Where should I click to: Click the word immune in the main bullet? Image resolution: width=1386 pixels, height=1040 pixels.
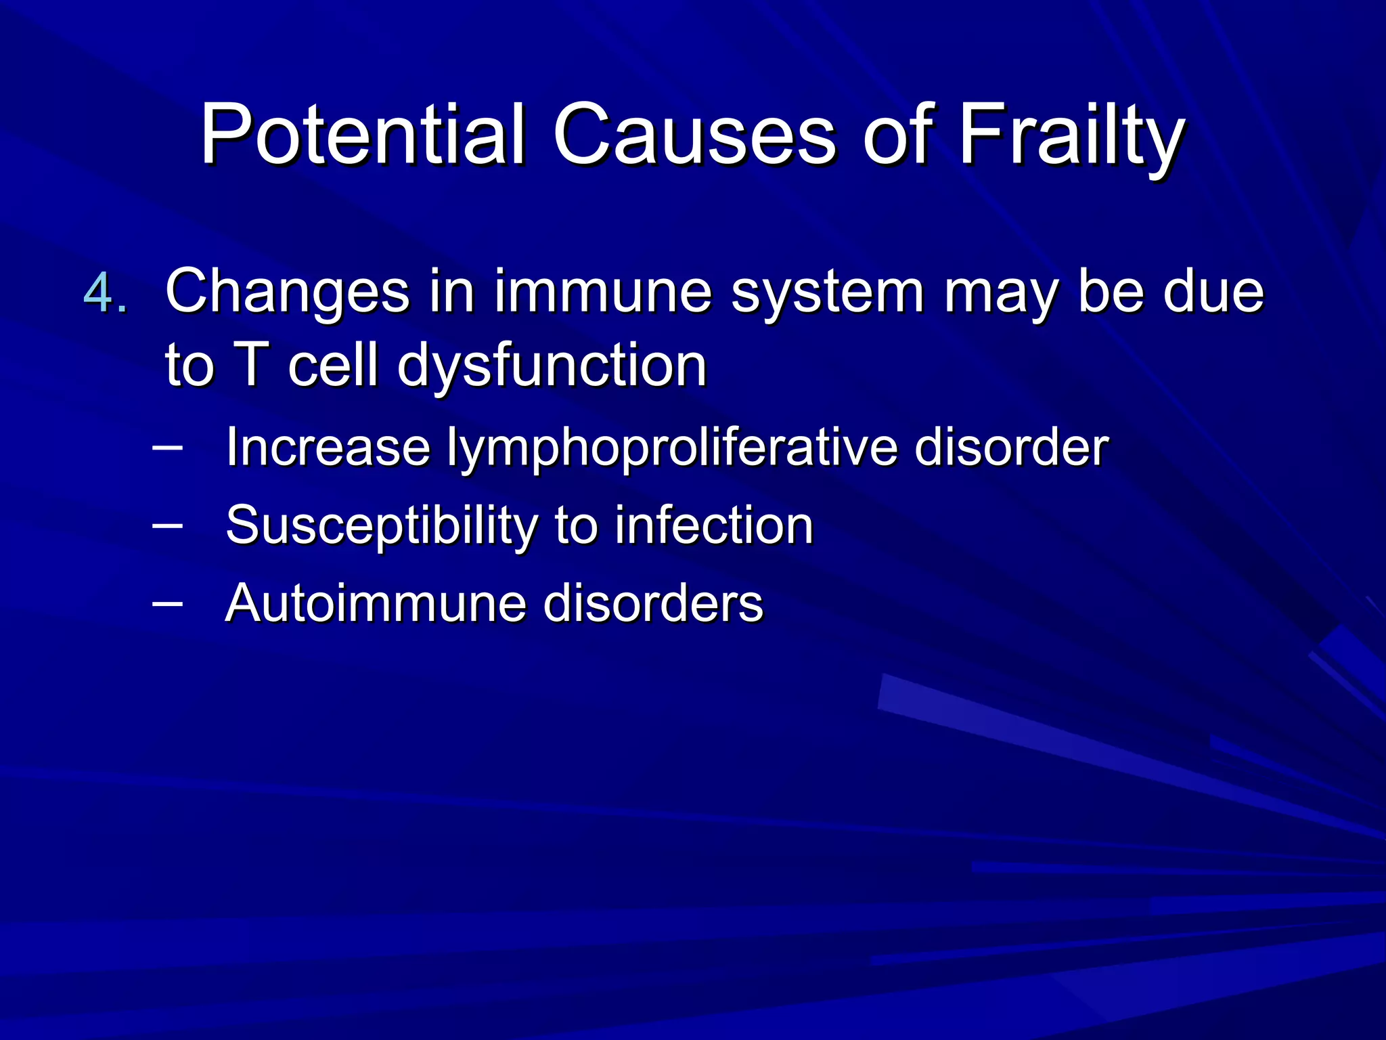pyautogui.click(x=602, y=291)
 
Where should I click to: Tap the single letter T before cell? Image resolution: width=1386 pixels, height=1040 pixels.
pyautogui.click(x=251, y=366)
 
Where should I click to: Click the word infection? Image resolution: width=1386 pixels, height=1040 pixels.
pyautogui.click(x=713, y=525)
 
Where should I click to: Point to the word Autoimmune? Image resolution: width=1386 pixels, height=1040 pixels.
pyautogui.click(x=375, y=603)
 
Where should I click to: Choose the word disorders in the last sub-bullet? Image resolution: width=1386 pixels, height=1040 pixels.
pyautogui.click(x=653, y=603)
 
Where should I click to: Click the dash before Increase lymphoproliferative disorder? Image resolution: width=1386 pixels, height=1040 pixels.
pyautogui.click(x=167, y=446)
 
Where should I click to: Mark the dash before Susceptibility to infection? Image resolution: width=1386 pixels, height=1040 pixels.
pyautogui.click(x=167, y=524)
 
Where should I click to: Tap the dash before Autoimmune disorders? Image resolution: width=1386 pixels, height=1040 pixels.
pyautogui.click(x=167, y=602)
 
